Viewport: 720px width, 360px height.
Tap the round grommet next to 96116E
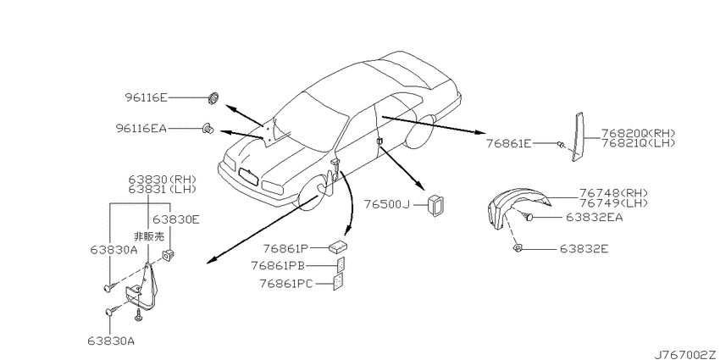pyautogui.click(x=213, y=98)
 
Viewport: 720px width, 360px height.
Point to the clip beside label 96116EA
pyautogui.click(x=208, y=129)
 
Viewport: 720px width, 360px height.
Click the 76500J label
pyautogui.click(x=386, y=204)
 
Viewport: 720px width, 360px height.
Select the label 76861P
pyautogui.click(x=285, y=248)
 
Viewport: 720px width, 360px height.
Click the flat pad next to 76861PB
pyautogui.click(x=341, y=264)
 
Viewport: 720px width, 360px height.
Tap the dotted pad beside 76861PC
pyautogui.click(x=339, y=282)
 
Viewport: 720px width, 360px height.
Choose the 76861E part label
pyautogui.click(x=509, y=144)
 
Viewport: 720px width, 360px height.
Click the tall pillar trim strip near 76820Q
pyautogui.click(x=577, y=136)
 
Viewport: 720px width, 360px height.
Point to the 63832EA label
pyautogui.click(x=594, y=217)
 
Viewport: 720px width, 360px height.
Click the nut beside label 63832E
pyautogui.click(x=518, y=248)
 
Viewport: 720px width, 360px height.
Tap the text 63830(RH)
pyautogui.click(x=163, y=179)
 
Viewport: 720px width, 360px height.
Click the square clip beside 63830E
pyautogui.click(x=169, y=254)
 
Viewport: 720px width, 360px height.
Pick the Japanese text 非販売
pyautogui.click(x=149, y=237)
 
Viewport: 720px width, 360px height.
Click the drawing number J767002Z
pyautogui.click(x=686, y=355)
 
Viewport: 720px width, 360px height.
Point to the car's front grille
pyautogui.click(x=249, y=177)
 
